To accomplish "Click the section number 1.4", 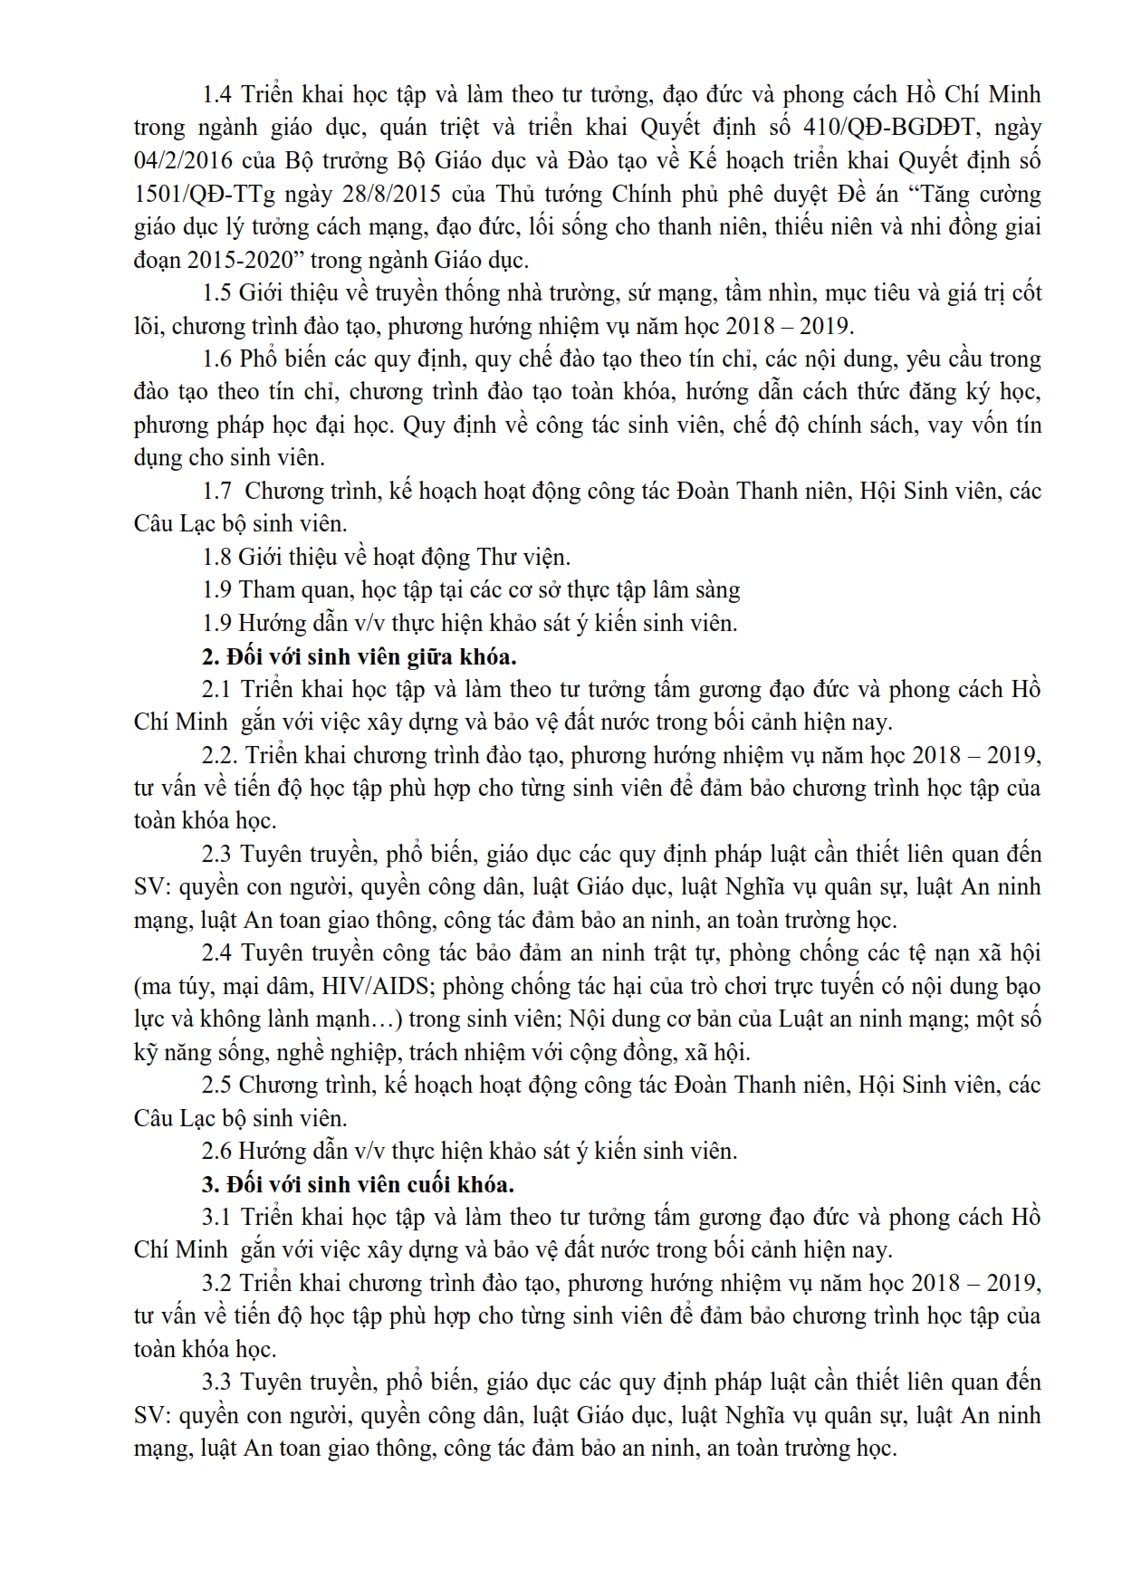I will [217, 95].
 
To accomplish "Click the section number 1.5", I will [217, 293].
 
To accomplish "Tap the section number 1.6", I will [217, 359].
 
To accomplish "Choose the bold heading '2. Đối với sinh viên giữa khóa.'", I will [359, 656].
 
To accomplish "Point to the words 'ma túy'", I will [164, 987].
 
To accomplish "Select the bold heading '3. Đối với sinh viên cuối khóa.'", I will [358, 1184].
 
